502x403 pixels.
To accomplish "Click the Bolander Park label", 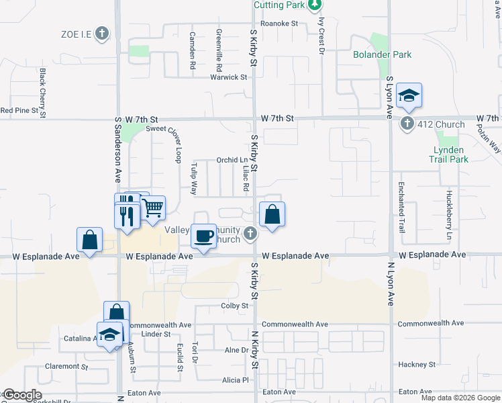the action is [383, 54].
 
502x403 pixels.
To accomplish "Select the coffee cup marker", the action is [203, 236].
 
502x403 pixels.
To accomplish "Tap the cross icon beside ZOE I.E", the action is [102, 33].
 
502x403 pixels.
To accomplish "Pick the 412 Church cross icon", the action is [407, 124].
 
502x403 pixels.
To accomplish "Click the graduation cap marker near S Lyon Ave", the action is [408, 96].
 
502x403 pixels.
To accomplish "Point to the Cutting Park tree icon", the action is [314, 5].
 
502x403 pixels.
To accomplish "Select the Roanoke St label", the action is [279, 23].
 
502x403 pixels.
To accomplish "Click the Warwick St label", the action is [229, 77].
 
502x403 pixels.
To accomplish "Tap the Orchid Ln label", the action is [232, 160].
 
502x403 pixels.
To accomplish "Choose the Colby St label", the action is [235, 306].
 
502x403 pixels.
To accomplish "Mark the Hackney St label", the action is [417, 365].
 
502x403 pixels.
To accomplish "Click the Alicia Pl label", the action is [236, 380].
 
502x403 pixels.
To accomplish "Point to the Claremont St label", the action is [66, 367].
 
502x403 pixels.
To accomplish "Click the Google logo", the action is [21, 395].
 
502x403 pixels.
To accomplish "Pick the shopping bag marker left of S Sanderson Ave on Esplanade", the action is [89, 240].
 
